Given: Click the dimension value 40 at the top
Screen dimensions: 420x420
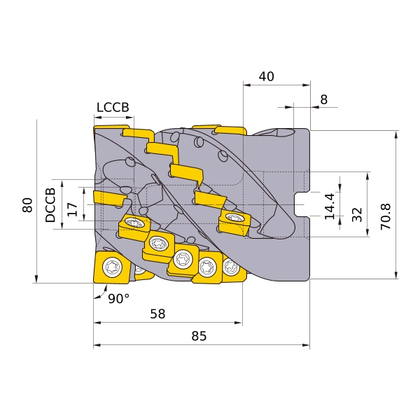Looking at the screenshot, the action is [x=266, y=76].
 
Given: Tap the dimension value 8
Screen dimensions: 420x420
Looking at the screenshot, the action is [x=324, y=99].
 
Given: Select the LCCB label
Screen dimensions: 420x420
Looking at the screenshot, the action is [x=113, y=107].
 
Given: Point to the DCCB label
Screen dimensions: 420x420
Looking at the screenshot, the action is [x=50, y=205].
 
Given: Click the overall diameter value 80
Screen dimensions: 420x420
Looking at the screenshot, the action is [x=27, y=205].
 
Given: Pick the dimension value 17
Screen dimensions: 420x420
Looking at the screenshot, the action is [x=72, y=209].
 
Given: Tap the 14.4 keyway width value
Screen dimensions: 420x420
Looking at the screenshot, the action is [x=330, y=206].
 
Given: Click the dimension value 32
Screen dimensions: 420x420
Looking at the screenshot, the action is [x=357, y=215].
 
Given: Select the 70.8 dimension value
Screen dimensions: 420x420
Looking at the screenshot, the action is [x=386, y=216].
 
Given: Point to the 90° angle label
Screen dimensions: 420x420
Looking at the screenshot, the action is [x=119, y=298].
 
